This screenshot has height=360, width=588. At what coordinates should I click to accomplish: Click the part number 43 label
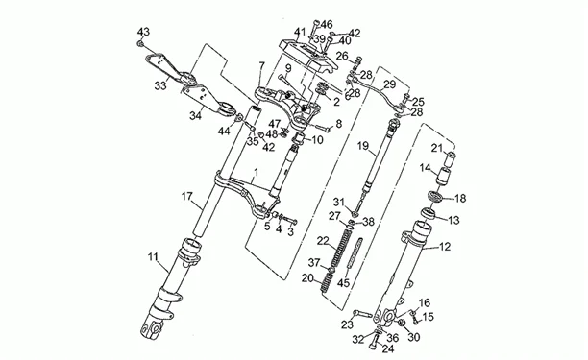pos(143,32)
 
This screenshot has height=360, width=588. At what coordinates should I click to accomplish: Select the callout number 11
pos(153,257)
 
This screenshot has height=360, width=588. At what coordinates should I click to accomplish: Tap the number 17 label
pos(187,196)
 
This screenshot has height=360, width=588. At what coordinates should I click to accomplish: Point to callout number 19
pos(363,146)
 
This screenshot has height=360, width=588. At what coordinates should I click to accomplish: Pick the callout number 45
pos(343,283)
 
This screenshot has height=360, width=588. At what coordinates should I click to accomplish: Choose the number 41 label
pos(300,32)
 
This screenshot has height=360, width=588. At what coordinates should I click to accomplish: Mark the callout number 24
pos(388,349)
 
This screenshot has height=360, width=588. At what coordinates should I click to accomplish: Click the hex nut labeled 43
pos(140,44)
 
